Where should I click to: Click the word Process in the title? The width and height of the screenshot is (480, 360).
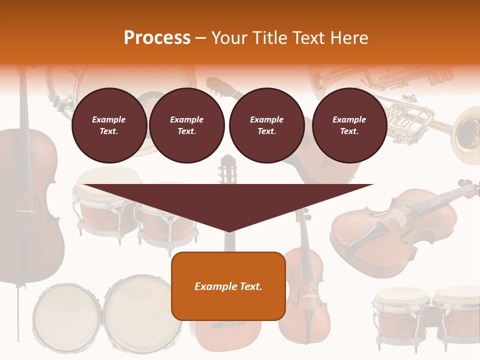coord(157,38)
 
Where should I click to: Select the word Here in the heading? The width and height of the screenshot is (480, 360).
coord(348,38)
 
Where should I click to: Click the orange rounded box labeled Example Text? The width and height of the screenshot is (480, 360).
coord(228,286)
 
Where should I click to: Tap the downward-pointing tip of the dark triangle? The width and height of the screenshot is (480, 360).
coord(228,230)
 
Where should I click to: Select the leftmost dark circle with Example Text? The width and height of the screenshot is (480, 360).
coord(109,125)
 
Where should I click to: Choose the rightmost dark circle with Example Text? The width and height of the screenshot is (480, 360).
coord(349,125)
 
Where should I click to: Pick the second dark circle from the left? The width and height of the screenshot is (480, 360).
coord(186,125)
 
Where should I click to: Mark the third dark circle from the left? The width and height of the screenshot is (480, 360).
coord(266,125)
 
